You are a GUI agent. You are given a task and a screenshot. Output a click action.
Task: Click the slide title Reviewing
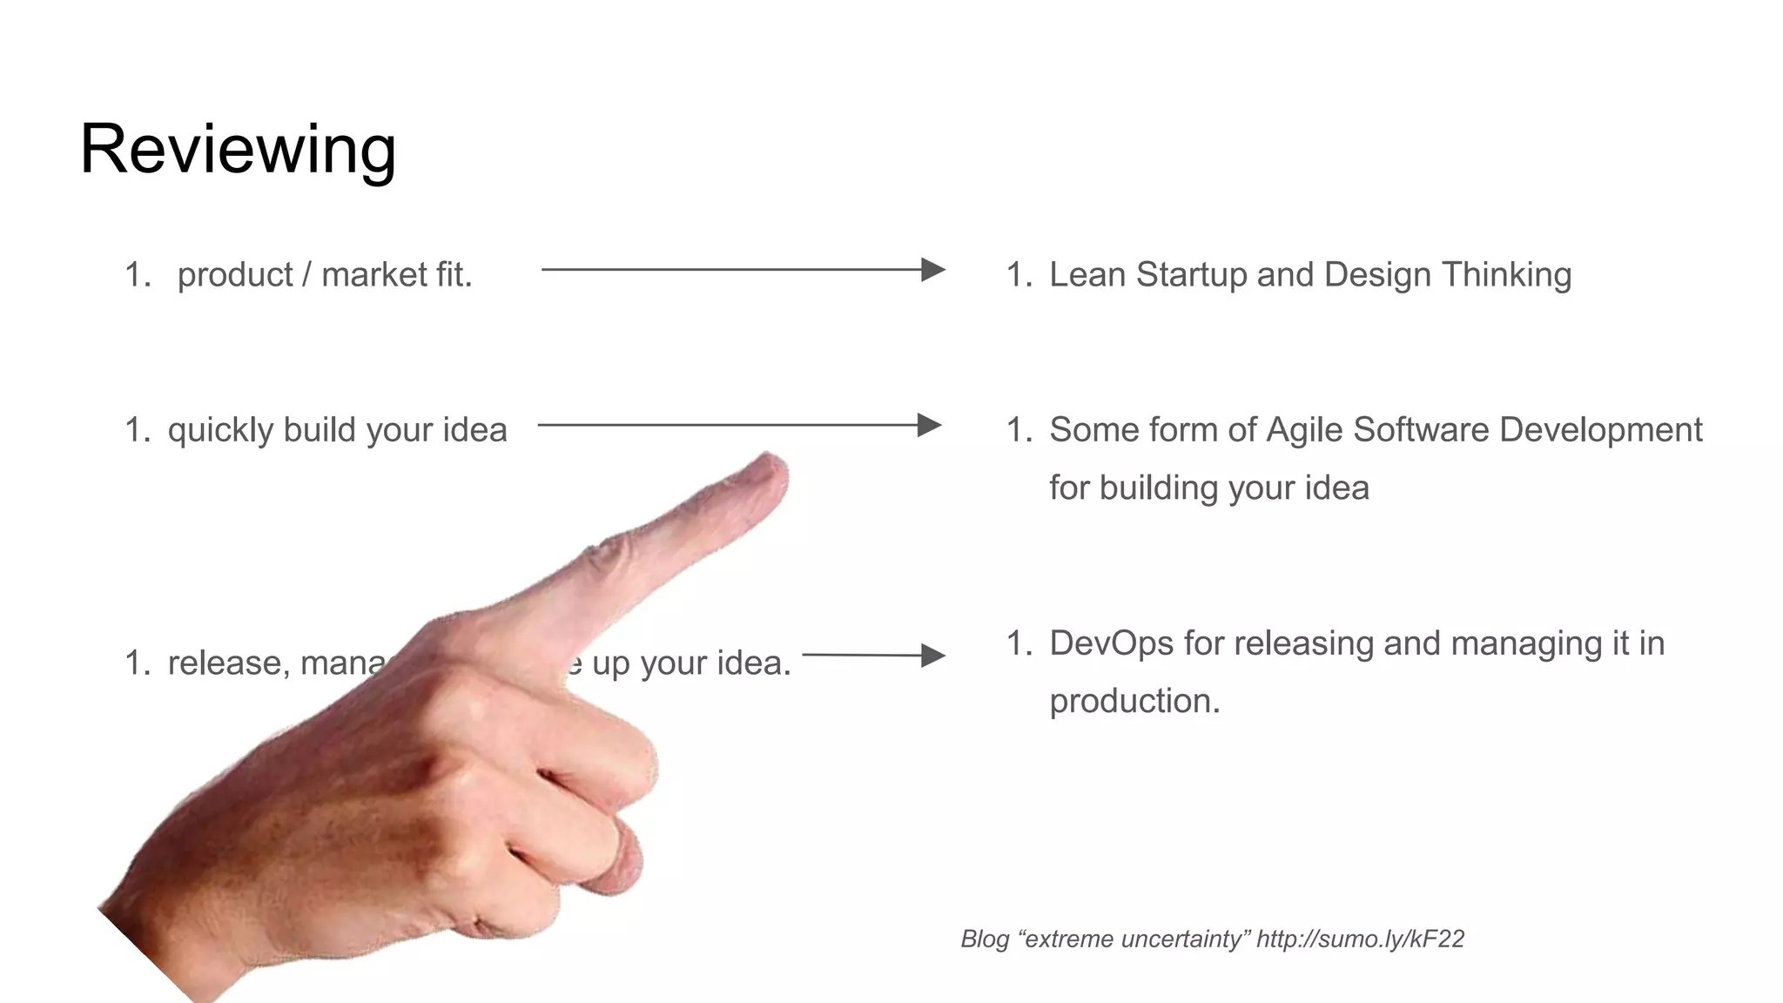(x=238, y=150)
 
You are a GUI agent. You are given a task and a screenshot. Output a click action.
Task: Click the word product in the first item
(x=235, y=275)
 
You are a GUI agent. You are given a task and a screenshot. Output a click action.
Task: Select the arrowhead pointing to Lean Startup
(x=933, y=270)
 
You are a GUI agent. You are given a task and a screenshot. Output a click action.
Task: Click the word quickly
(x=221, y=431)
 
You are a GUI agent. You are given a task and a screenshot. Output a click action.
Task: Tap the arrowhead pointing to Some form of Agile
(x=930, y=426)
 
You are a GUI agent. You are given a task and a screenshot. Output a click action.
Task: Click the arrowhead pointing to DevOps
(x=932, y=656)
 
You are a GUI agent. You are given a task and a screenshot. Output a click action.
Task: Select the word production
(x=1134, y=702)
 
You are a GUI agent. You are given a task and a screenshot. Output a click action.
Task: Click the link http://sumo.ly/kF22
(x=1360, y=939)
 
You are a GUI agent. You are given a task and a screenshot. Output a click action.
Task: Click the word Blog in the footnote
(x=985, y=939)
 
